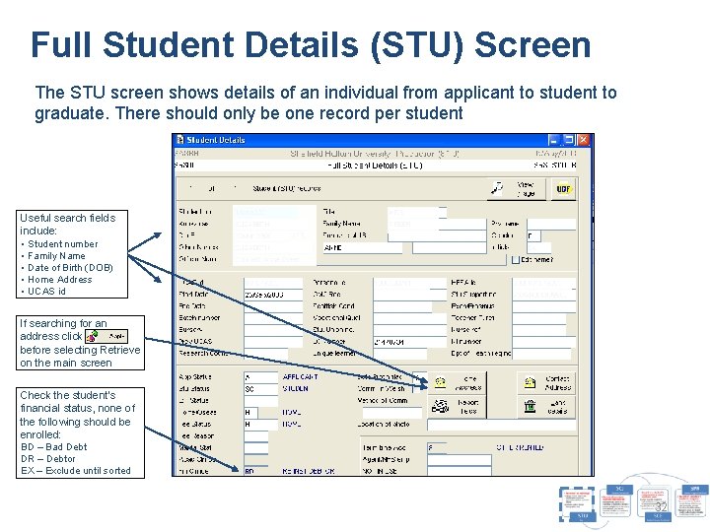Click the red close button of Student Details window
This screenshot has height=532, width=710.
[x=583, y=141]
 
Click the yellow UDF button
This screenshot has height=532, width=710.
[x=563, y=187]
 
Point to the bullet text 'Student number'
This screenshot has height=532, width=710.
[x=63, y=244]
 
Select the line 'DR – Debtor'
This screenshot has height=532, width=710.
[x=48, y=459]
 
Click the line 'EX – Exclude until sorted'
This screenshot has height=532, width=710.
[x=76, y=471]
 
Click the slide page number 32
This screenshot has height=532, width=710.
[x=661, y=507]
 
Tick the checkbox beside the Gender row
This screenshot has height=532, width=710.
[x=515, y=260]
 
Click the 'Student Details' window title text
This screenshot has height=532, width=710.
[x=216, y=141]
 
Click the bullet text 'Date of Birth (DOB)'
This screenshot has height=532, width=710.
[x=70, y=268]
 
